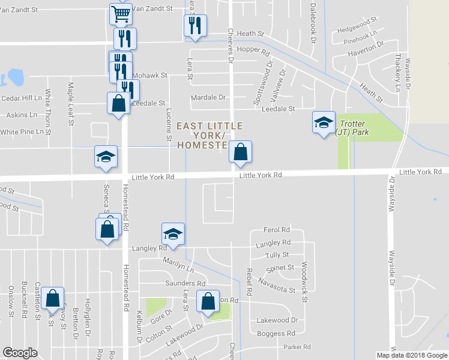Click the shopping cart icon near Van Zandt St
pyautogui.click(x=121, y=13)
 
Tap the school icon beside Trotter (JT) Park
pyautogui.click(x=324, y=124)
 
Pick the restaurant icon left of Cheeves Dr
pyautogui.click(x=194, y=26)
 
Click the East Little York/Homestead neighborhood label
pyautogui.click(x=209, y=136)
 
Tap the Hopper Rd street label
pyautogui.click(x=253, y=52)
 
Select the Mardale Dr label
pyautogui.click(x=208, y=97)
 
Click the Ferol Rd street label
pyautogui.click(x=277, y=230)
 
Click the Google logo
pyautogui.click(x=20, y=353)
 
